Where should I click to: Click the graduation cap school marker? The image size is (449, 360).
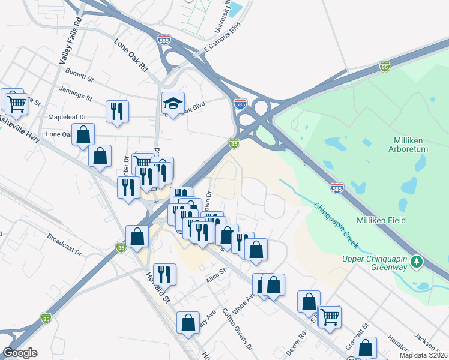pyautogui.click(x=173, y=104)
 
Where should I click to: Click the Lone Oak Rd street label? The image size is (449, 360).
pyautogui.click(x=131, y=55)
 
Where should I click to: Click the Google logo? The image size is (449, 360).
pyautogui.click(x=20, y=353)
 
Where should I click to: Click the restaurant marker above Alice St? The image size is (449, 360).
pyautogui.click(x=164, y=274)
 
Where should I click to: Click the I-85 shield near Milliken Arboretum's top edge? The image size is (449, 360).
pyautogui.click(x=385, y=68)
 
